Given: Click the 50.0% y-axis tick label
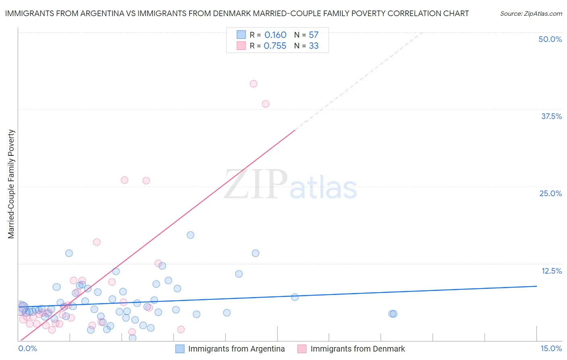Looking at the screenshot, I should (550, 39).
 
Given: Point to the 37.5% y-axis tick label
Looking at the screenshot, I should (551, 116).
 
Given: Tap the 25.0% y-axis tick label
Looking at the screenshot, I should (550, 193).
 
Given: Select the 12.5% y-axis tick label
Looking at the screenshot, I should (551, 271).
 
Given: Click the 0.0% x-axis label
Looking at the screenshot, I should (27, 348).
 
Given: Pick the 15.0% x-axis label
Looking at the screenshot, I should (551, 348).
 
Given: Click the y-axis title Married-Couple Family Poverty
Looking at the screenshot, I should (11, 184).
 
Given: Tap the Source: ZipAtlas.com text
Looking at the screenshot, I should (531, 13).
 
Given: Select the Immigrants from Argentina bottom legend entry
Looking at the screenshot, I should (236, 349).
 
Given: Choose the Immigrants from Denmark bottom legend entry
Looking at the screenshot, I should (358, 349).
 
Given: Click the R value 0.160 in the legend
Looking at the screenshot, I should (275, 35).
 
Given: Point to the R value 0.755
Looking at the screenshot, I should (275, 46).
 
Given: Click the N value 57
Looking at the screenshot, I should (313, 35).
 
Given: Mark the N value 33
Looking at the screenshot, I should (313, 46).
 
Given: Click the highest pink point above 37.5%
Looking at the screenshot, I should (253, 84).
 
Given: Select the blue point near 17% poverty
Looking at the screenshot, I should (190, 235).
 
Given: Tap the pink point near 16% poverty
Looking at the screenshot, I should (97, 242).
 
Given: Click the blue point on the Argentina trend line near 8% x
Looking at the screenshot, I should (295, 297).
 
